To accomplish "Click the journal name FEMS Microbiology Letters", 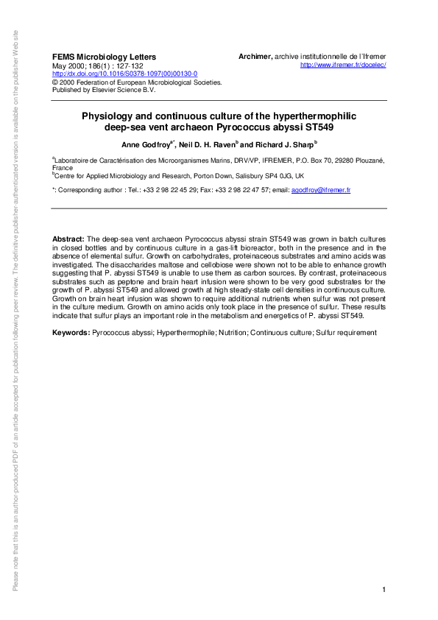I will (x=104, y=57).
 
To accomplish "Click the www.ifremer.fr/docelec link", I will (x=344, y=66).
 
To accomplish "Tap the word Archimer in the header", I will (x=255, y=57).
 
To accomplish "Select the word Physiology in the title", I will (x=107, y=116).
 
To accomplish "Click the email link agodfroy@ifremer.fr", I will (x=321, y=190).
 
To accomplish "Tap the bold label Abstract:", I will (x=68, y=240).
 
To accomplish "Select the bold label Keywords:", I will (x=70, y=333).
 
